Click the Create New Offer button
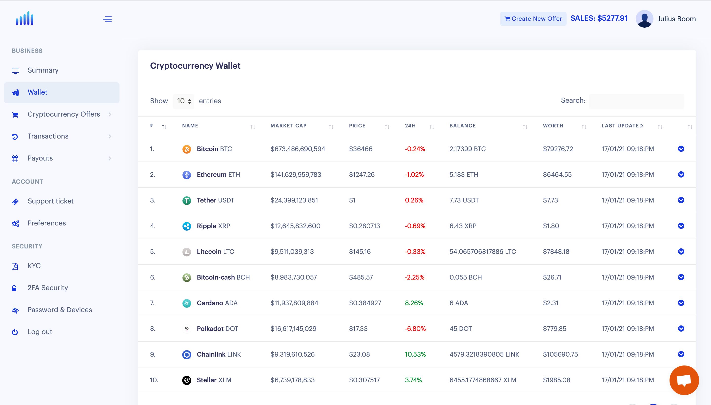pos(533,19)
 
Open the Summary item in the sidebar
pos(43,70)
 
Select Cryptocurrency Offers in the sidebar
pos(64,114)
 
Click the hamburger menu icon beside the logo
pos(107,19)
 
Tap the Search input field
pos(636,101)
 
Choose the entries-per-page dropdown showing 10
pos(184,101)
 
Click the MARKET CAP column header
pos(288,126)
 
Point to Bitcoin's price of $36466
pos(361,149)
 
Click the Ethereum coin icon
pos(187,175)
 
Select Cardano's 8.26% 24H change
pos(414,303)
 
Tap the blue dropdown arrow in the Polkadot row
pos(681,328)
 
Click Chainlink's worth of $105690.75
pos(560,354)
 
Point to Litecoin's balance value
pos(482,252)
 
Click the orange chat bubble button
pos(684,380)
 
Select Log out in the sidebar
pos(40,332)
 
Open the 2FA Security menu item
pos(48,288)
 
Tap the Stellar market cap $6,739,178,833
pos(293,380)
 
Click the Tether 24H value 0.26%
pos(414,200)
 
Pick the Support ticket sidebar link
pos(50,201)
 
